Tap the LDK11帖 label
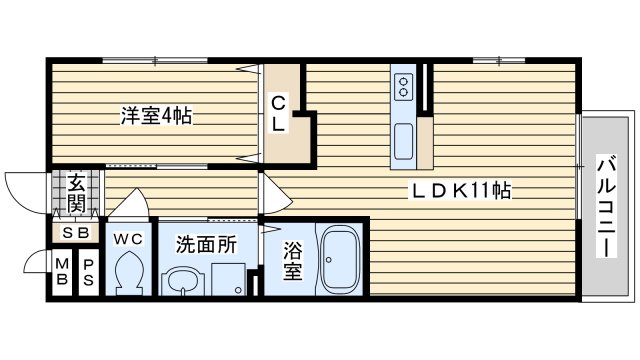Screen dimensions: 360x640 (x=463, y=190)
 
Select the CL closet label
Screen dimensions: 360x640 (x=278, y=113)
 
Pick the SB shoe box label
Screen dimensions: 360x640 (x=76, y=233)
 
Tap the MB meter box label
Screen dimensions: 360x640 (x=63, y=271)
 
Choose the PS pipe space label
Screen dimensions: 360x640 (x=87, y=271)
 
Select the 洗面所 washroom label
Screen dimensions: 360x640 (x=206, y=243)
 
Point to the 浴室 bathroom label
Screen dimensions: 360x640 (x=291, y=262)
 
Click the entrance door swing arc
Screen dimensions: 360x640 (x=22, y=185)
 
